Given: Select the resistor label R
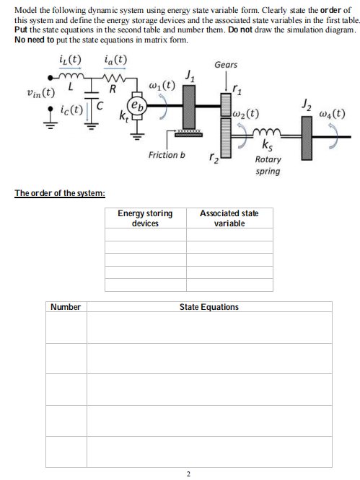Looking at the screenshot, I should (x=113, y=90).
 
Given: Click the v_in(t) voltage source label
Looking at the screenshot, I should (x=40, y=92).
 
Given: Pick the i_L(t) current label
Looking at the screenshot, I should (x=69, y=58).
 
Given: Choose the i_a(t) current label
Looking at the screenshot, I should (x=115, y=58).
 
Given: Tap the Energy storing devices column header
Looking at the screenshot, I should (x=145, y=218).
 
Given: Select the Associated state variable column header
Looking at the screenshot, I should (x=229, y=218).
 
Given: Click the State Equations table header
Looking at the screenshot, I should (x=209, y=307).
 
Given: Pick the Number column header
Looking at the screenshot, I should (x=66, y=307).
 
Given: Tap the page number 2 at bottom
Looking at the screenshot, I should (x=188, y=474).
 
